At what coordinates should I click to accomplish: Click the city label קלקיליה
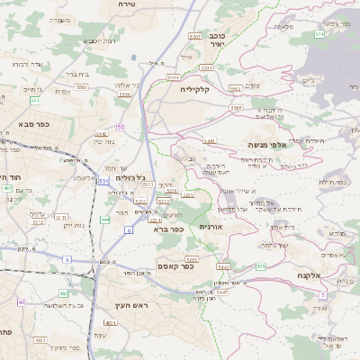coord(194,89)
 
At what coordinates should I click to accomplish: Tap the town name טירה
coord(127,4)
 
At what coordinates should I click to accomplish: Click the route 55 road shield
coord(119,129)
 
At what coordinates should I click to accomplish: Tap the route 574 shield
coord(319,33)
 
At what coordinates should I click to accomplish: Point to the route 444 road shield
coord(105,219)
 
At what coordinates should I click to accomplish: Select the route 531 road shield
coord(104,181)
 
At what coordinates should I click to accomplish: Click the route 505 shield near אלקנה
coord(260,266)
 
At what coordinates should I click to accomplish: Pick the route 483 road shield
coord(64,293)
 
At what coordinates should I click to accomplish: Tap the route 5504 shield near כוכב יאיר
coord(206,67)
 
